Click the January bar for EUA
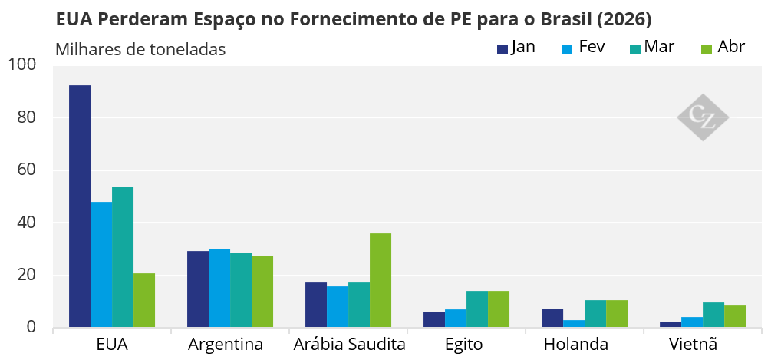(80, 206)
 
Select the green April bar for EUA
(144, 300)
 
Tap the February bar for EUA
(101, 265)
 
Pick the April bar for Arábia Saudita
(381, 280)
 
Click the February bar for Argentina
(219, 288)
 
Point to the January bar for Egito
(434, 319)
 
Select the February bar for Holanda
(574, 324)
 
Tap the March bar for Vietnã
(713, 315)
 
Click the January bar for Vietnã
(671, 325)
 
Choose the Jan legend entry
(516, 48)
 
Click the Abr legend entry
(723, 48)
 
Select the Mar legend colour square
(635, 49)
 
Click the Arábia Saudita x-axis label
(349, 345)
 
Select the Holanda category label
(576, 345)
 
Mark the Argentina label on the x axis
(226, 345)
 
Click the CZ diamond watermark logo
(703, 117)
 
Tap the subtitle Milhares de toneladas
(140, 50)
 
